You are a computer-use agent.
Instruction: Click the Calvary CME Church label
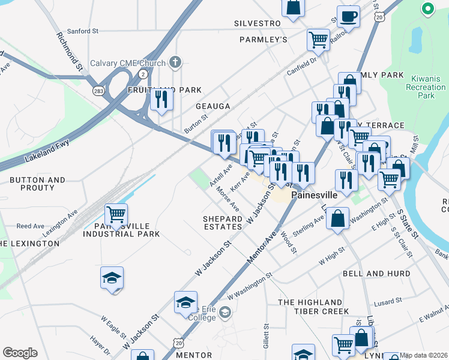[128, 62]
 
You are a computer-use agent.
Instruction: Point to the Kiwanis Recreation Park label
[426, 87]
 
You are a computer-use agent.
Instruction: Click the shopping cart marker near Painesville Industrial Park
[116, 214]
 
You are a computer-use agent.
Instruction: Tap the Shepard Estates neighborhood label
[222, 223]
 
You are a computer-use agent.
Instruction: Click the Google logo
[20, 353]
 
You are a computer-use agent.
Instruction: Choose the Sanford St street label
[83, 31]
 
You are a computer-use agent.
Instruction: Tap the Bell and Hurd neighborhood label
[376, 274]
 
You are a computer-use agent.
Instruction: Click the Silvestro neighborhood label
[258, 23]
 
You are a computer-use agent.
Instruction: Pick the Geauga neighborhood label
[212, 106]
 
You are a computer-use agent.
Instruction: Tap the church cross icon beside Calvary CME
[175, 62]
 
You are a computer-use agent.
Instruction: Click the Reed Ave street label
[31, 226]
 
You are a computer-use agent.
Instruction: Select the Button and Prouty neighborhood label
[37, 184]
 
